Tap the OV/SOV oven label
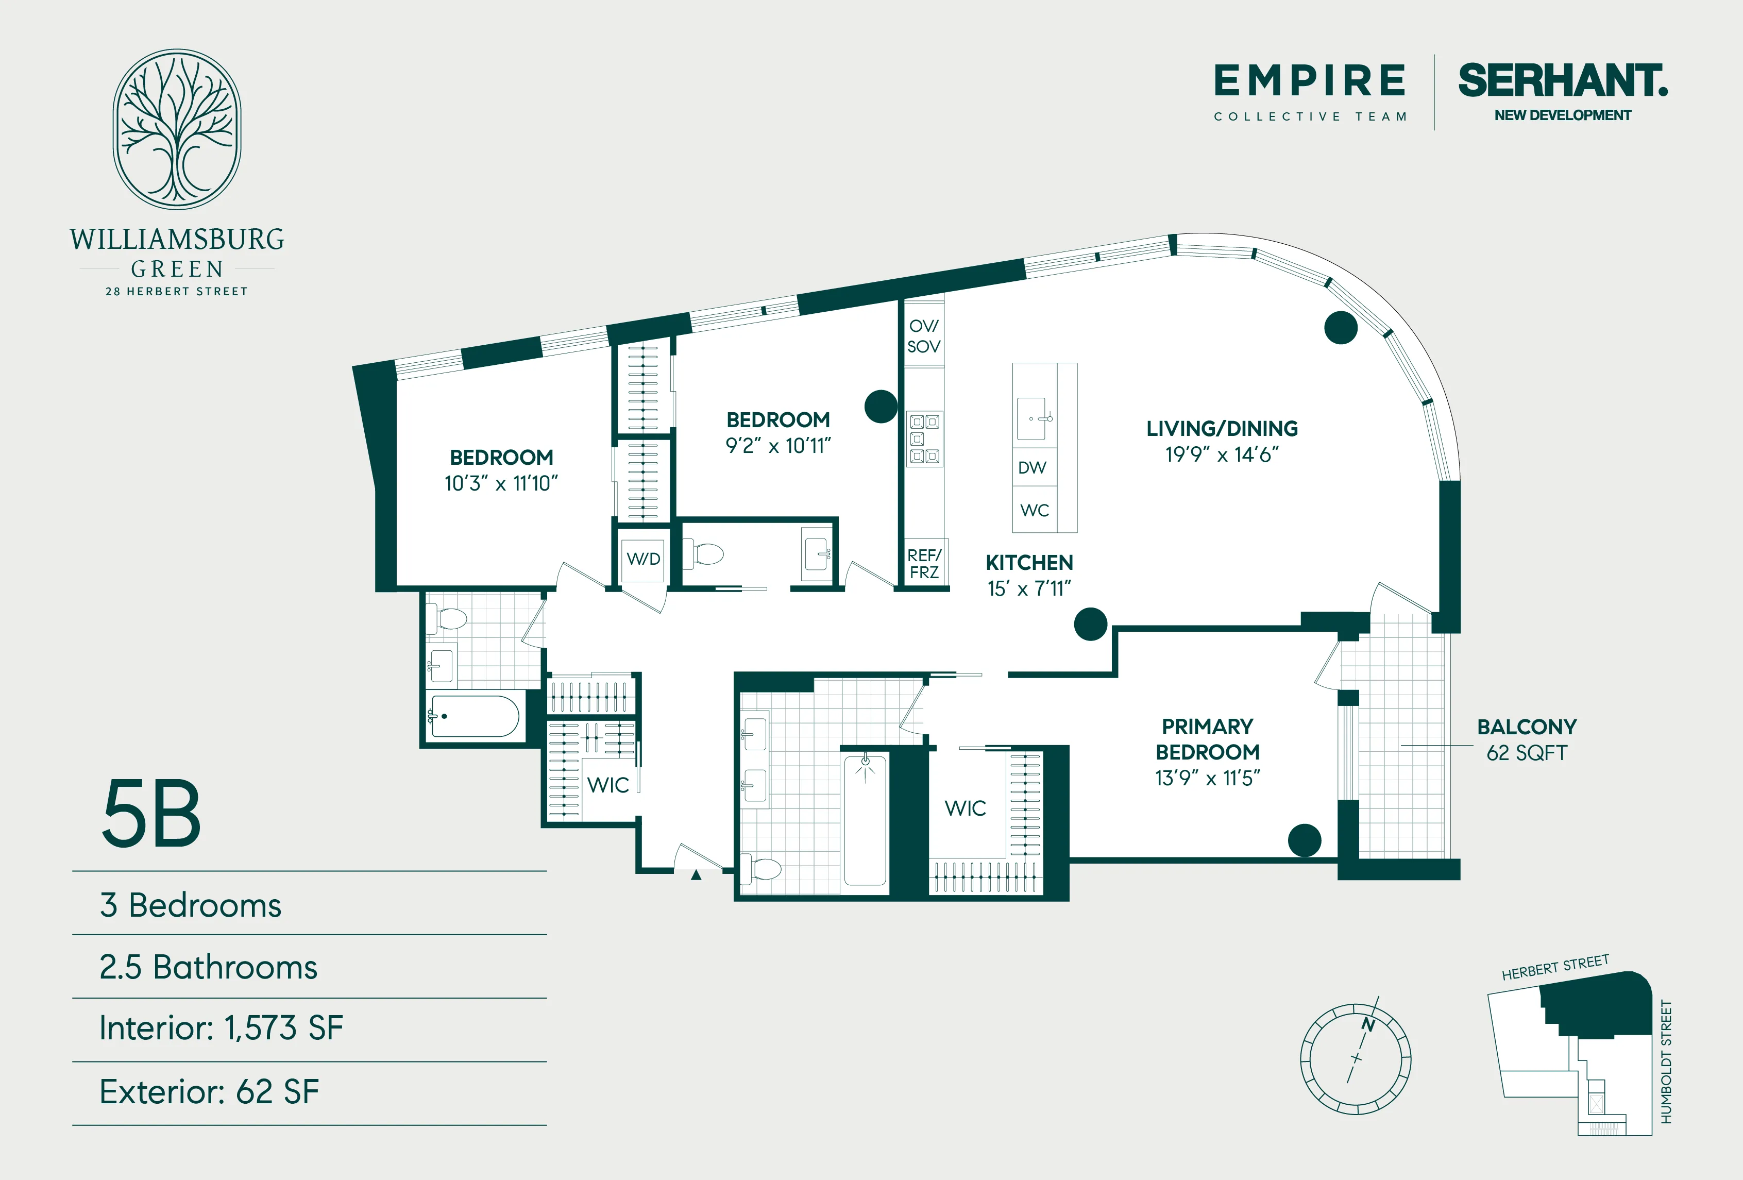(x=923, y=336)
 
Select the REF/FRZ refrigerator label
(x=923, y=563)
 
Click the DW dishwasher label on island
(x=1032, y=467)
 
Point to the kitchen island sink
(x=1031, y=418)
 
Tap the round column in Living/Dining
(x=1340, y=328)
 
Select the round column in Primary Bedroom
(x=1304, y=840)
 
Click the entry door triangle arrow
(x=696, y=874)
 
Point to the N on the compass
(x=1368, y=1025)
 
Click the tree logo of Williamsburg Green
(x=177, y=129)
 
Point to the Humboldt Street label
(x=1666, y=1061)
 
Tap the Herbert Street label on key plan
(x=1555, y=968)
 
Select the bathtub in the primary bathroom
(x=865, y=821)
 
